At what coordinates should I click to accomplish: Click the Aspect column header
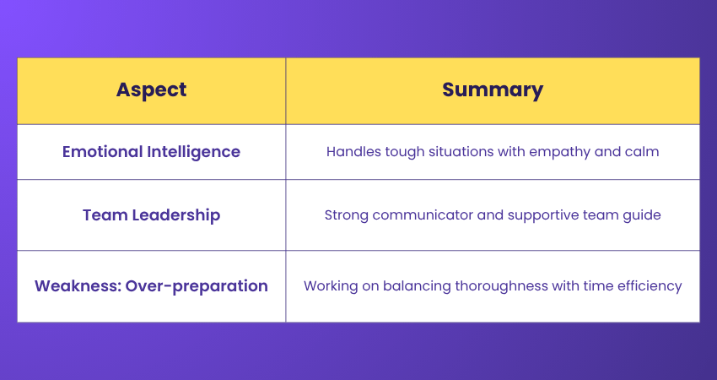click(151, 90)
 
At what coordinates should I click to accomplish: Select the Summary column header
click(493, 90)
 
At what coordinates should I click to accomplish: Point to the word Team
click(105, 214)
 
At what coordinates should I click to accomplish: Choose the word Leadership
click(176, 215)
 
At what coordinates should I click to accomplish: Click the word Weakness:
click(78, 285)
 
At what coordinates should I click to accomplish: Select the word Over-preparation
click(197, 286)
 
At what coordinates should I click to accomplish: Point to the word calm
click(643, 151)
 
